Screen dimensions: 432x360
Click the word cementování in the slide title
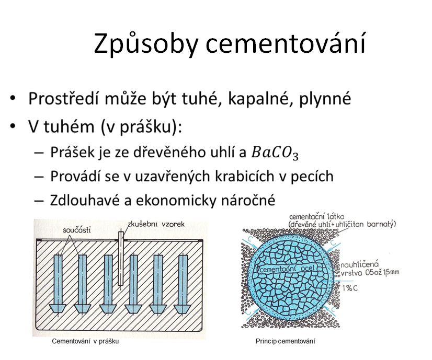286,43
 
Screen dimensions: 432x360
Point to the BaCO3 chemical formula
275,153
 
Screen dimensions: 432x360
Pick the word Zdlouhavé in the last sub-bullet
85,200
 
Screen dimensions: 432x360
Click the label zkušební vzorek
156,224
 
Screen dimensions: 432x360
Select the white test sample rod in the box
121,259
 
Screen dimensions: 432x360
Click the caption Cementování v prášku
85,341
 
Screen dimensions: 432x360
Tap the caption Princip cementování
285,341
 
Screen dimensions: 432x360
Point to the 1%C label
350,288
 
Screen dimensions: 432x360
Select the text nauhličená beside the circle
359,265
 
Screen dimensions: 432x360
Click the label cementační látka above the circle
317,217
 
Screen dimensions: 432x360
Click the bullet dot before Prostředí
13,98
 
